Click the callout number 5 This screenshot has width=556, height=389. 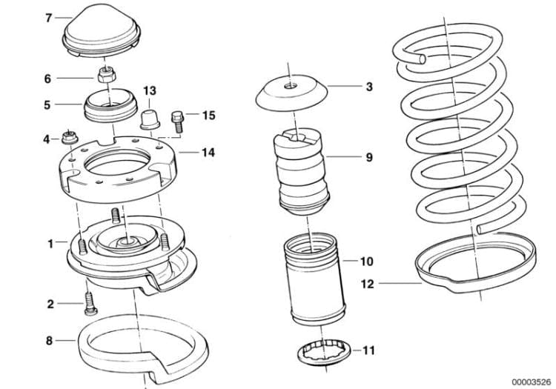click(47, 105)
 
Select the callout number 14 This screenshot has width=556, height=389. click(208, 153)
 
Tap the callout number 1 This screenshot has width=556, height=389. click(50, 242)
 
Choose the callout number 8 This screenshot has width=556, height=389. click(49, 342)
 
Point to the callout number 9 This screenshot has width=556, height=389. click(368, 157)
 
